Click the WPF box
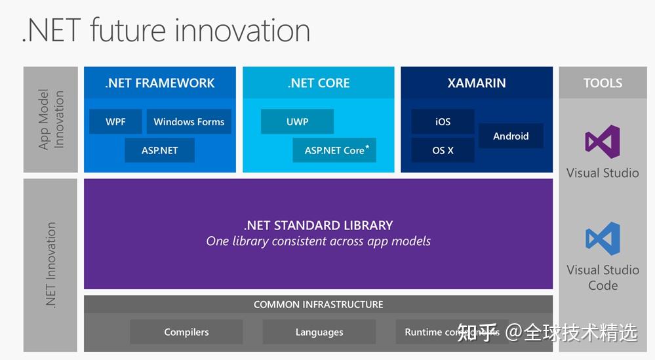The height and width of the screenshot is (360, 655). (x=115, y=121)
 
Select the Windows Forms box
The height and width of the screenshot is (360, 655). (x=189, y=121)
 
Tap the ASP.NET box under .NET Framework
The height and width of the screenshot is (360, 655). (x=160, y=150)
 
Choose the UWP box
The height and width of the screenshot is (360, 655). (x=297, y=121)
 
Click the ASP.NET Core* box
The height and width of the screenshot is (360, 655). (x=334, y=150)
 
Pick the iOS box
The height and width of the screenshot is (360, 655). (x=443, y=121)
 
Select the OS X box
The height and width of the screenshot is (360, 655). (x=443, y=150)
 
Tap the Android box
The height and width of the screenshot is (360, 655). (x=511, y=136)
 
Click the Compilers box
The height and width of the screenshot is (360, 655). (x=186, y=332)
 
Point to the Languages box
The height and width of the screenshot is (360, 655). (x=319, y=332)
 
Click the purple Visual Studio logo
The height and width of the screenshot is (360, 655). (x=603, y=142)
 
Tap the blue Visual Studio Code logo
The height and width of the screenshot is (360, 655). (x=603, y=239)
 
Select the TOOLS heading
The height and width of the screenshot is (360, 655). (x=603, y=83)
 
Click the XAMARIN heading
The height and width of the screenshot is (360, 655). (x=477, y=83)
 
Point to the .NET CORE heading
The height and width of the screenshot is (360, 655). (x=319, y=83)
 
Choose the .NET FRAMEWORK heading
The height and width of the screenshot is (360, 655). (x=160, y=83)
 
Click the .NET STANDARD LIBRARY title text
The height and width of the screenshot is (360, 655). (x=319, y=225)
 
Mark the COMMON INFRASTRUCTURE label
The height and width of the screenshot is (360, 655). (x=319, y=304)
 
